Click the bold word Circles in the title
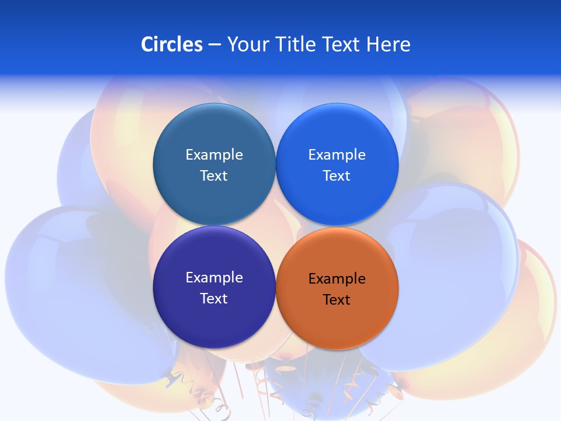pyautogui.click(x=172, y=44)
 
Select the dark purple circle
pyautogui.click(x=214, y=322)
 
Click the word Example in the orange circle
pyautogui.click(x=337, y=279)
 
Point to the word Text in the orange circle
pyautogui.click(x=337, y=300)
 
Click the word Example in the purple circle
pyautogui.click(x=214, y=278)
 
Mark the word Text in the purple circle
pyautogui.click(x=214, y=299)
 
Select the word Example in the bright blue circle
pyautogui.click(x=337, y=155)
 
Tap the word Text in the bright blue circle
pyautogui.click(x=337, y=176)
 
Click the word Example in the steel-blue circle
pyautogui.click(x=214, y=155)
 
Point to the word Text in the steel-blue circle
pyautogui.click(x=214, y=176)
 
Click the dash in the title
pyautogui.click(x=214, y=44)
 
